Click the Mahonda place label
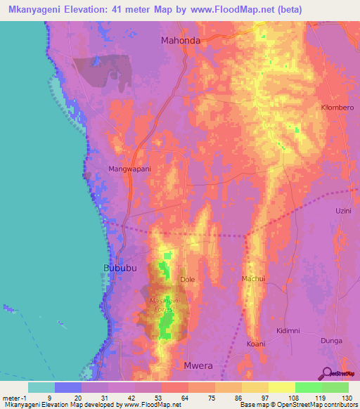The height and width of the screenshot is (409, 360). coord(181,40)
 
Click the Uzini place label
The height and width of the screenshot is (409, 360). coord(342,211)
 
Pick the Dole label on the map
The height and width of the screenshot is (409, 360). coord(188,279)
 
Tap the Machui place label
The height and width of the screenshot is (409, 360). coord(253,279)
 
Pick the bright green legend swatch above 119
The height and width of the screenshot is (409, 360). coord(309,387)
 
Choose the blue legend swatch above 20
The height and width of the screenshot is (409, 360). coord(68,387)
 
